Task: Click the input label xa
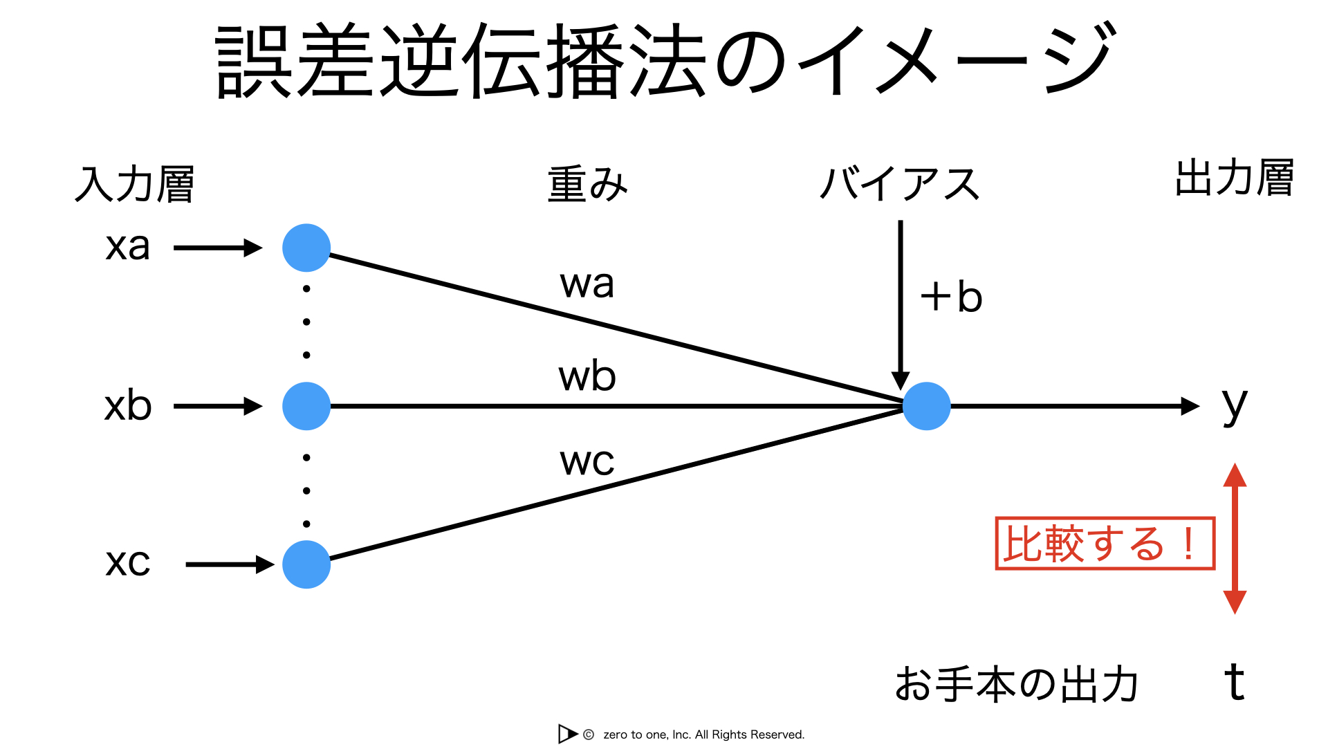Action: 128,247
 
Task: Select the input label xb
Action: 128,405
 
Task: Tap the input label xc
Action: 128,562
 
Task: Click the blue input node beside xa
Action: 306,248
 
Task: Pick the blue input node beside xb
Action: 306,406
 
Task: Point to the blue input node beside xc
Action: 306,564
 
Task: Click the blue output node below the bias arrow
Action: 927,406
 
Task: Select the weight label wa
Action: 587,284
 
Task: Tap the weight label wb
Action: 587,376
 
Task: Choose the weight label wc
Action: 587,462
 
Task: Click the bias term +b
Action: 951,297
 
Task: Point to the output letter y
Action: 1235,407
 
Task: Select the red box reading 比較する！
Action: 1105,544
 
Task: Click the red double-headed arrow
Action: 1235,539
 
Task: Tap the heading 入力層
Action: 134,184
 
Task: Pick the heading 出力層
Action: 1235,178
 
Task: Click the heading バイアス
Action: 899,184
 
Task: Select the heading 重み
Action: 587,184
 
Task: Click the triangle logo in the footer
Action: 566,734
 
